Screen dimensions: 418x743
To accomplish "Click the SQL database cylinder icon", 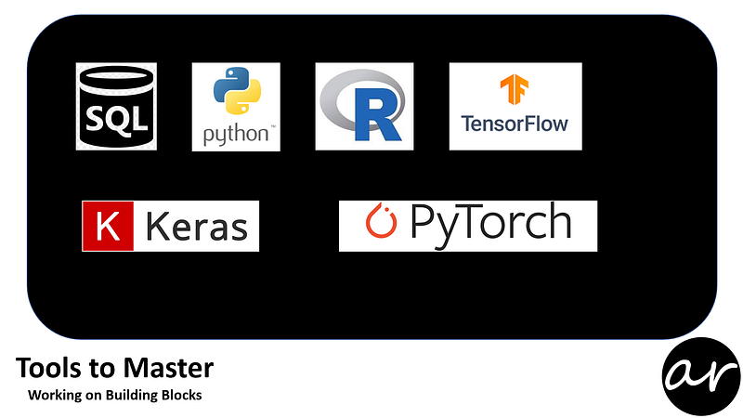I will pyautogui.click(x=116, y=105).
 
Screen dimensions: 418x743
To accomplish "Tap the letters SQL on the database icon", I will pyautogui.click(x=116, y=118).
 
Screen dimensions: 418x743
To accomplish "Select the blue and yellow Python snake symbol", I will pyautogui.click(x=235, y=94).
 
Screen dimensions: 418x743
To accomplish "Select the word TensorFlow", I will pyautogui.click(x=515, y=123).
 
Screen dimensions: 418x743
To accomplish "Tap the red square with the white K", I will pyautogui.click(x=102, y=227).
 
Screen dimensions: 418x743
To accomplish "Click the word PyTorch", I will pyautogui.click(x=489, y=224).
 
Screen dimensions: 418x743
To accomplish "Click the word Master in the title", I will pyautogui.click(x=171, y=369).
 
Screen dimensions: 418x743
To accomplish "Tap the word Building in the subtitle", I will pyautogui.click(x=132, y=396).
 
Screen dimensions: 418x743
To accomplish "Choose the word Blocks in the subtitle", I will pyautogui.click(x=182, y=396).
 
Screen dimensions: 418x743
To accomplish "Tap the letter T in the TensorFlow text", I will pyautogui.click(x=466, y=123).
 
